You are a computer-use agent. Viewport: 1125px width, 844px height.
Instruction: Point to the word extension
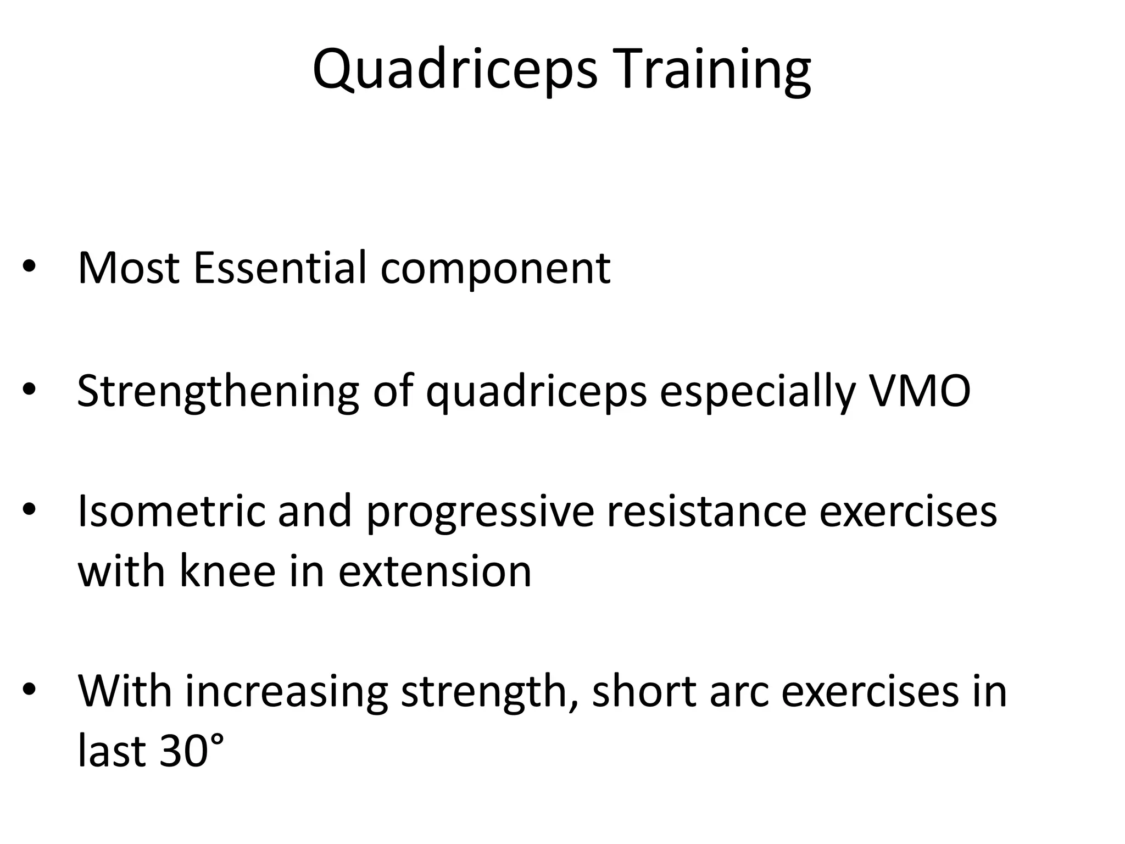(435, 571)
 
